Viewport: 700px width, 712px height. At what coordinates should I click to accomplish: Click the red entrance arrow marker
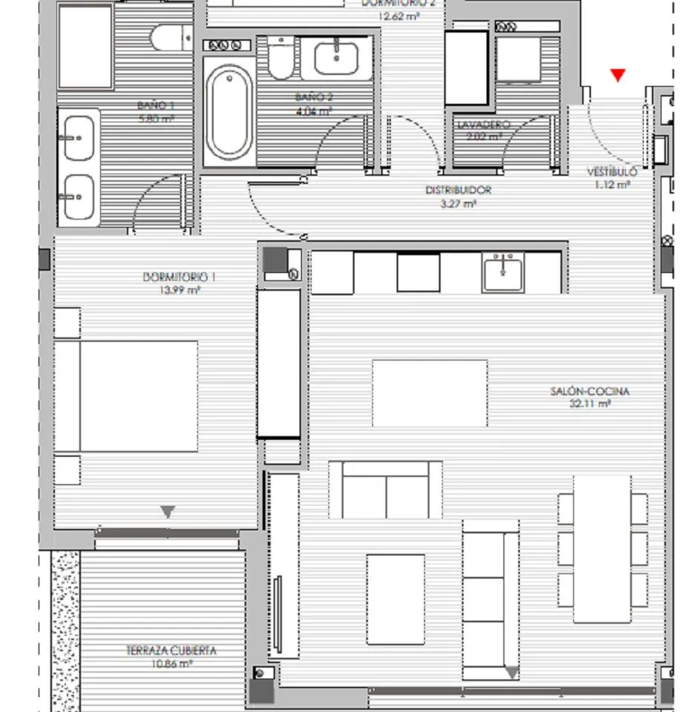pos(618,75)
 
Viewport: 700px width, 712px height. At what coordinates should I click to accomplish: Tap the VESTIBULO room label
pos(612,172)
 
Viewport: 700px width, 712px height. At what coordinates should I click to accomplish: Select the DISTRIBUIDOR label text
pos(458,190)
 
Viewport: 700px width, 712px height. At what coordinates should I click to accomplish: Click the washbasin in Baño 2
pos(336,57)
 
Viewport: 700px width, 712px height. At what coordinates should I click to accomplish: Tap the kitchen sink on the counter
pos(503,272)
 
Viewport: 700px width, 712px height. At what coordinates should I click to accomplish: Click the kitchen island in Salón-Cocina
pos(429,393)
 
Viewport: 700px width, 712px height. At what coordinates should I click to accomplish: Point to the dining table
pos(602,548)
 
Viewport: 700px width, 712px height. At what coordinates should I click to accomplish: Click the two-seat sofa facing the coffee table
pos(385,489)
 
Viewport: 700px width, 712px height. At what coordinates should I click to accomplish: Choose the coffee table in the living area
pos(395,599)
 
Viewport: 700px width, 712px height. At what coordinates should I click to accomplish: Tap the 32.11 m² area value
pos(590,404)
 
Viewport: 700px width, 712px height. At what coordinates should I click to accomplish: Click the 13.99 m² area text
pos(179,290)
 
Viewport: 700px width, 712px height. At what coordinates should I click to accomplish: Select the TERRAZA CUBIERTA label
pos(171,650)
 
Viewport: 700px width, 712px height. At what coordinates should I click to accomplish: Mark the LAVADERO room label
pos(483,124)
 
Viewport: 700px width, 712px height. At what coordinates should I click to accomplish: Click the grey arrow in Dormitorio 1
pos(168,511)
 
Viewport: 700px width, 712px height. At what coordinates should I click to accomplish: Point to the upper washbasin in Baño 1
pos(78,139)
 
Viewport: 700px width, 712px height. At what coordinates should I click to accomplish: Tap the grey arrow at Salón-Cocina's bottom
pos(512,673)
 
